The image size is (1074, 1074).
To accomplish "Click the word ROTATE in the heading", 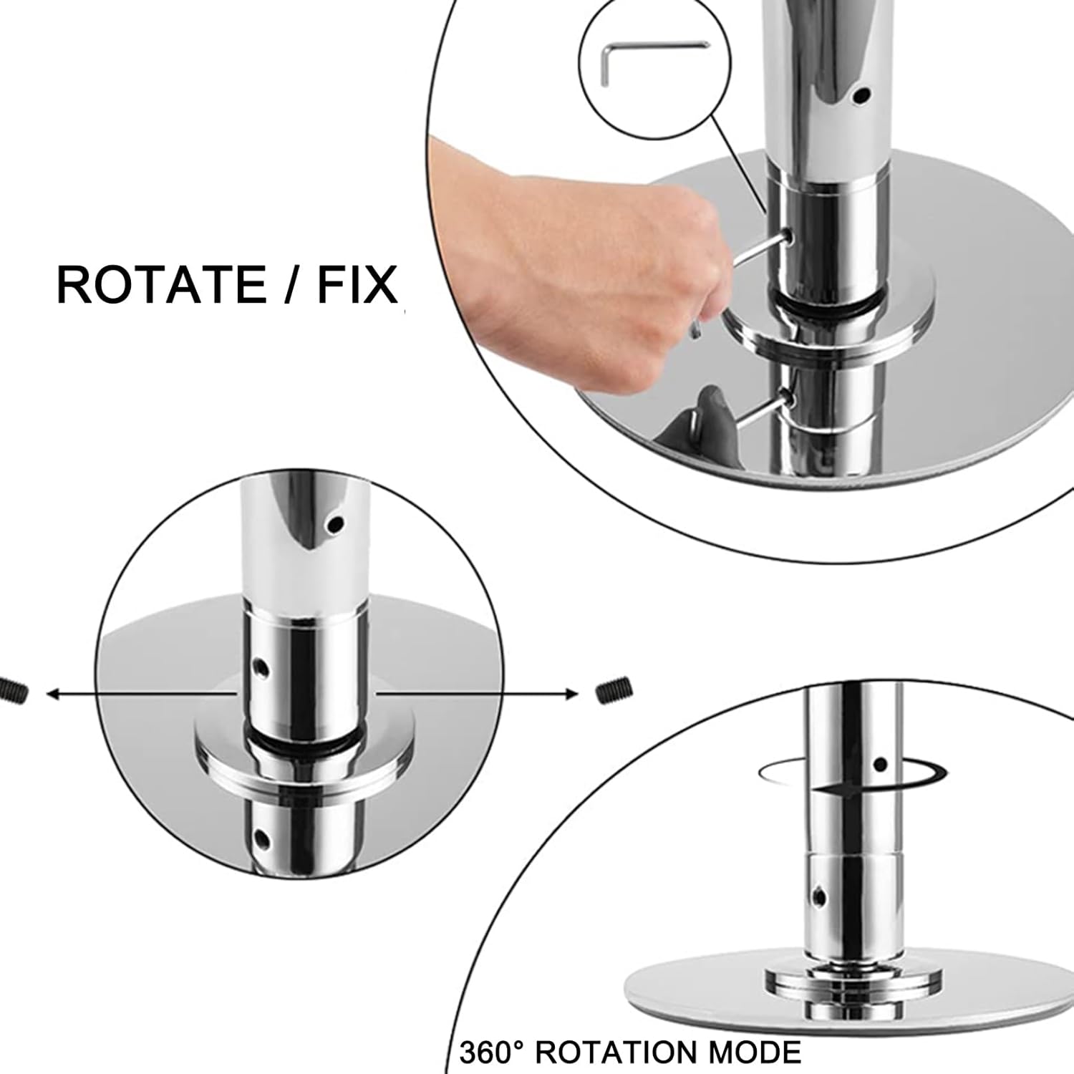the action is tap(161, 284).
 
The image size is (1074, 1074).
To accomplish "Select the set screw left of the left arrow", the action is tap(12, 690).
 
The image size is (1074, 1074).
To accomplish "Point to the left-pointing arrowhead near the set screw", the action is tap(52, 693).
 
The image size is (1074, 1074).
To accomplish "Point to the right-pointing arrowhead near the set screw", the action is tap(572, 693).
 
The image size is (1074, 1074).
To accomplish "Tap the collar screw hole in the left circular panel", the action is tap(263, 669).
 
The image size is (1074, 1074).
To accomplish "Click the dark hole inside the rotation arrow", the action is tap(881, 765).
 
